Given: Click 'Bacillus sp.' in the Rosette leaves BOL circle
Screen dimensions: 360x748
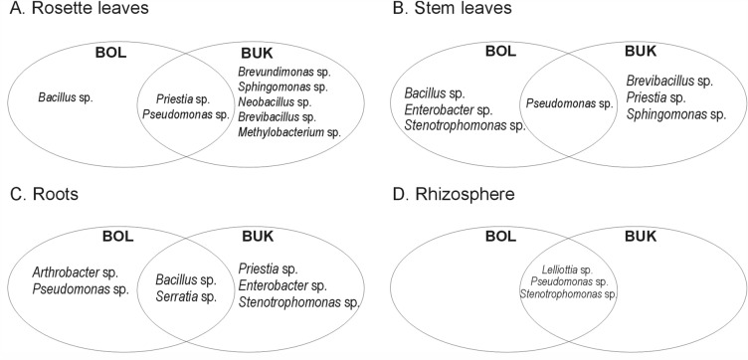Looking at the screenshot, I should [68, 97].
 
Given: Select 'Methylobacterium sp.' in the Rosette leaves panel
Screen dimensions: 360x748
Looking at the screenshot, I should [288, 131].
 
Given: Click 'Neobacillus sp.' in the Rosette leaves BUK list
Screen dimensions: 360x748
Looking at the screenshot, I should [273, 101].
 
